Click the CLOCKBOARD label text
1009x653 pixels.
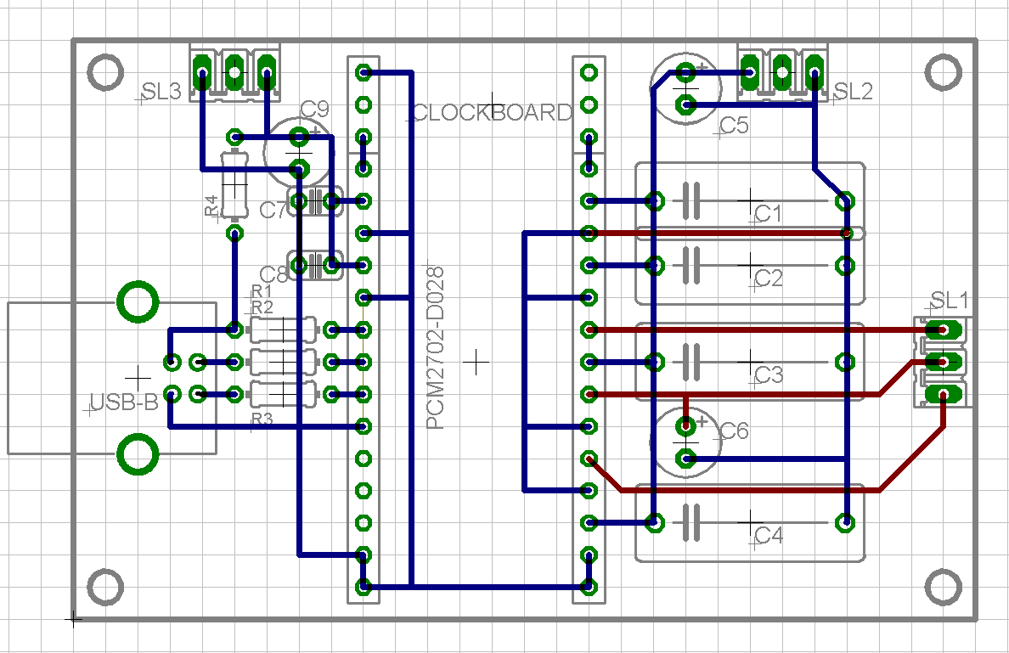(x=493, y=113)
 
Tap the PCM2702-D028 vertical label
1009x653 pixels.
(x=436, y=348)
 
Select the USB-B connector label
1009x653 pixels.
(x=125, y=402)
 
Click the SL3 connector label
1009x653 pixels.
(x=161, y=93)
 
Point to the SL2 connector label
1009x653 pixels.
(x=853, y=93)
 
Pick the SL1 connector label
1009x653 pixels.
(x=950, y=300)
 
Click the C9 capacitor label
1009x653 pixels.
(x=314, y=109)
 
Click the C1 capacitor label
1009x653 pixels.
(x=768, y=214)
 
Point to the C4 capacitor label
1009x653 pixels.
(x=768, y=536)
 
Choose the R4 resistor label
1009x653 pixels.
(x=211, y=205)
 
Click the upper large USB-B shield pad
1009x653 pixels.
(x=138, y=302)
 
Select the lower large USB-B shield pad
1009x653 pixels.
(x=138, y=456)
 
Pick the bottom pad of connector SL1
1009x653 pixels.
(x=943, y=394)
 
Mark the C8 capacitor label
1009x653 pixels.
(x=274, y=275)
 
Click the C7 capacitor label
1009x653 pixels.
(x=273, y=210)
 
